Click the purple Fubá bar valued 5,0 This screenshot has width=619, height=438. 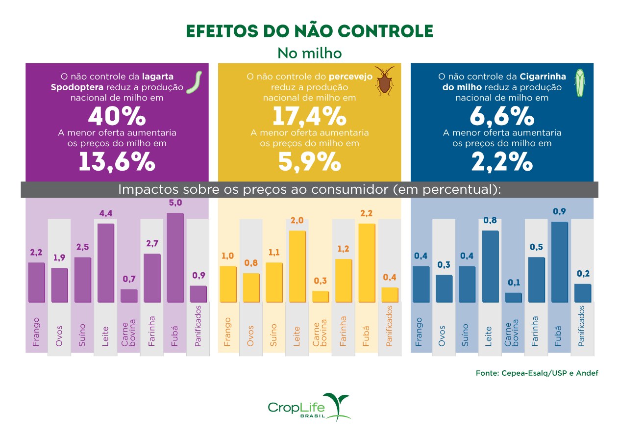[x=175, y=258]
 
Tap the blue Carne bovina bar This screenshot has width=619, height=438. [x=513, y=297]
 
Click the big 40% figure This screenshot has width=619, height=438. [x=117, y=117]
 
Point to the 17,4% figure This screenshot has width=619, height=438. [x=309, y=117]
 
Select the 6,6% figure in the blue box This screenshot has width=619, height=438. [x=501, y=117]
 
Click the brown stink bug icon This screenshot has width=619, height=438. [x=386, y=81]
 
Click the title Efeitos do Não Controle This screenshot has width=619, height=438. [x=309, y=31]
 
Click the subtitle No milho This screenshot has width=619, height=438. [x=309, y=52]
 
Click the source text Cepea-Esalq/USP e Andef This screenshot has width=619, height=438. [x=537, y=373]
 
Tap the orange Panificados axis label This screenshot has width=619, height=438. [x=389, y=326]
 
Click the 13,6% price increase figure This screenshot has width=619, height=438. [x=117, y=162]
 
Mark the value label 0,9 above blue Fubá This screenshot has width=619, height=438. [x=559, y=211]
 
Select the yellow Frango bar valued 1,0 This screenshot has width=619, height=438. [x=228, y=284]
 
